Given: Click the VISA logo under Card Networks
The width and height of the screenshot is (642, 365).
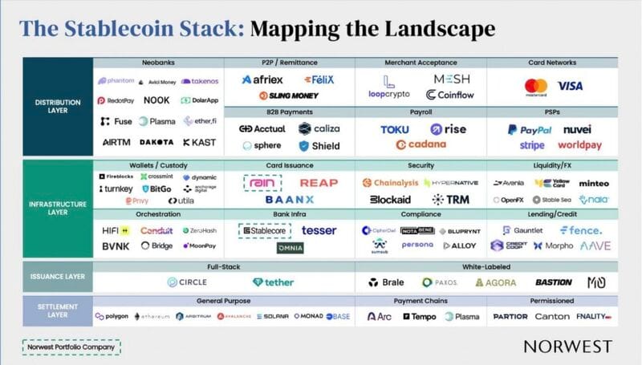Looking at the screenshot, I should (x=571, y=86).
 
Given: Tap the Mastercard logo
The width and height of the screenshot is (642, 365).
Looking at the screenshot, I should (x=535, y=87).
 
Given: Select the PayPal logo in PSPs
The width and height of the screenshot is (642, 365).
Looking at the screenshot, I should (x=529, y=129).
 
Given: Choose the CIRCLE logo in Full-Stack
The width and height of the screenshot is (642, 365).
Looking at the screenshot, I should (x=187, y=282).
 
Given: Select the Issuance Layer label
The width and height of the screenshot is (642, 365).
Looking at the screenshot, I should (x=59, y=277).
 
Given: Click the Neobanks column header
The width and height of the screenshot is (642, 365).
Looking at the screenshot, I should (x=159, y=63).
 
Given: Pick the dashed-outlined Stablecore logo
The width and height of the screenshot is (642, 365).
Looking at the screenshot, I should (x=266, y=230).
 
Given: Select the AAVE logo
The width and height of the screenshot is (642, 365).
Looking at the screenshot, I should (x=595, y=245).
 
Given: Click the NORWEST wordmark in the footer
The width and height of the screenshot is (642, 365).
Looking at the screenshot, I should (x=567, y=347).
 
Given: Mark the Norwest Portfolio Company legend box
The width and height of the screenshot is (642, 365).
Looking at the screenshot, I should (x=71, y=347).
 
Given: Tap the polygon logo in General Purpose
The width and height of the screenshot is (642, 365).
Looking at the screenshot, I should (x=112, y=316).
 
